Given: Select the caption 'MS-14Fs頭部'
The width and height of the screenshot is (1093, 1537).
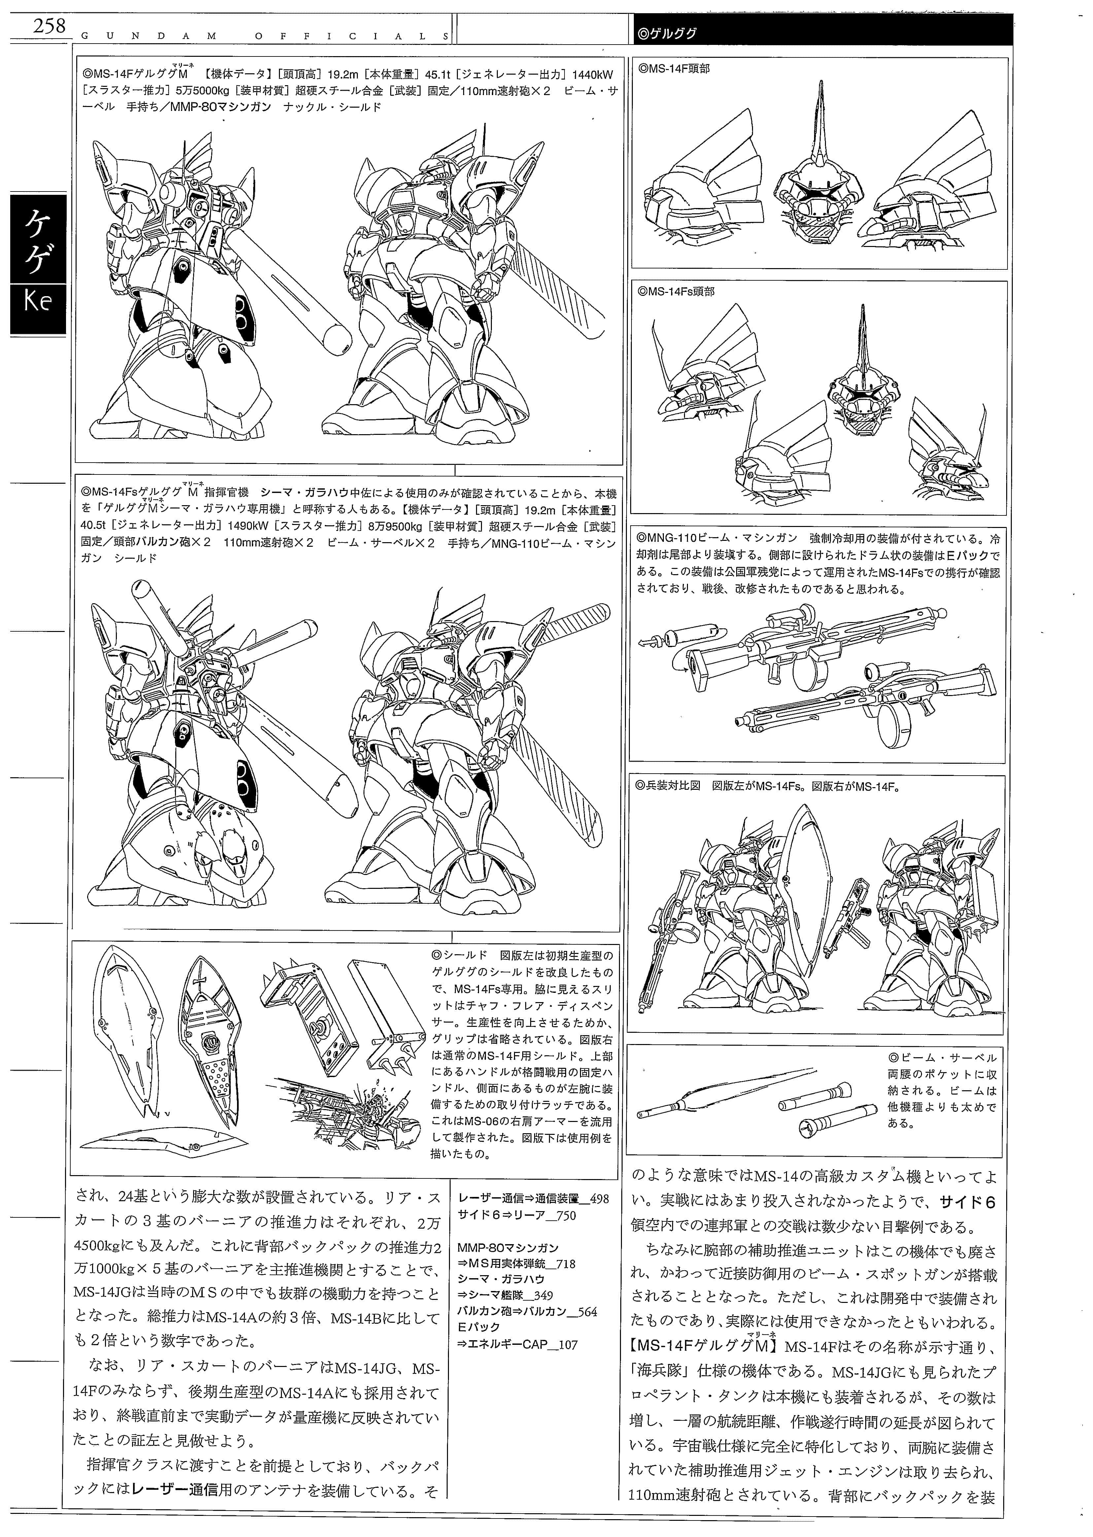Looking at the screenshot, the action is click(x=676, y=292).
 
